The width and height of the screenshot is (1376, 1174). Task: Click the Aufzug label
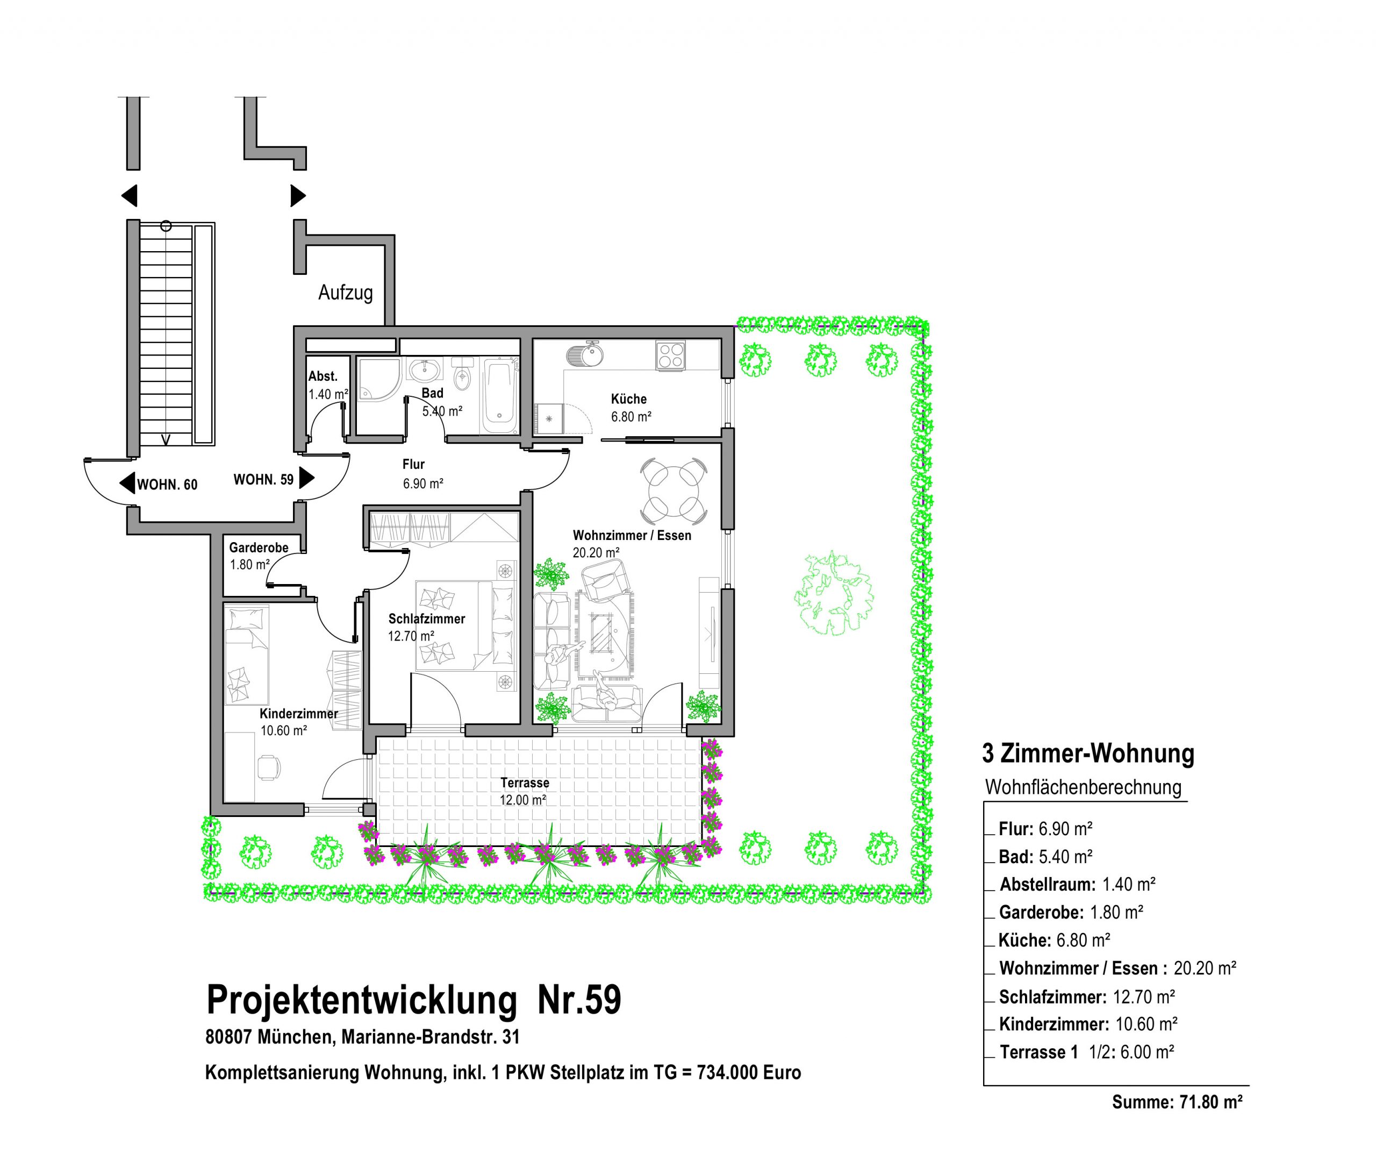click(x=345, y=293)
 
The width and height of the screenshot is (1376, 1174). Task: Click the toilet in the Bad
click(x=462, y=376)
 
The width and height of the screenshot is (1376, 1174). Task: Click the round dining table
click(x=673, y=491)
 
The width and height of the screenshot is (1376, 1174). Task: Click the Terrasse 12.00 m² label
click(x=524, y=791)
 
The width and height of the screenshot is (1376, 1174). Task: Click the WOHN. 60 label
click(x=167, y=485)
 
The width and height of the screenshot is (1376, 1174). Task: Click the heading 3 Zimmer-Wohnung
click(x=1088, y=753)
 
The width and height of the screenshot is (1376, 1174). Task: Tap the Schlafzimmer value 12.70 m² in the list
click(x=1144, y=997)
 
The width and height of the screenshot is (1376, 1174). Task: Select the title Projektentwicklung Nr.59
click(x=414, y=999)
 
